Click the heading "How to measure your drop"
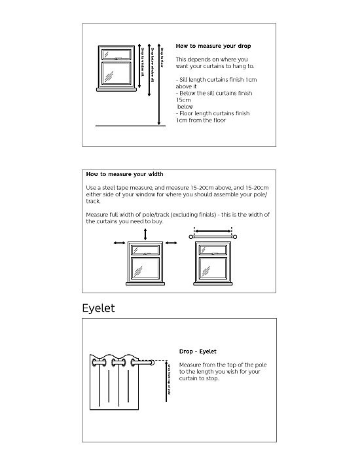click(x=213, y=46)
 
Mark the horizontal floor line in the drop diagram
click(x=130, y=125)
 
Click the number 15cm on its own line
click(x=183, y=100)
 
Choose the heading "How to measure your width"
click(x=124, y=175)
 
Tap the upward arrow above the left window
click(x=145, y=234)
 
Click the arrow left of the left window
click(x=119, y=243)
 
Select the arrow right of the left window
click(x=172, y=243)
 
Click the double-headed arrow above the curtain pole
click(x=213, y=230)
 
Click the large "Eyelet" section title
click(x=98, y=308)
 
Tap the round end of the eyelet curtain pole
click(x=153, y=362)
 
